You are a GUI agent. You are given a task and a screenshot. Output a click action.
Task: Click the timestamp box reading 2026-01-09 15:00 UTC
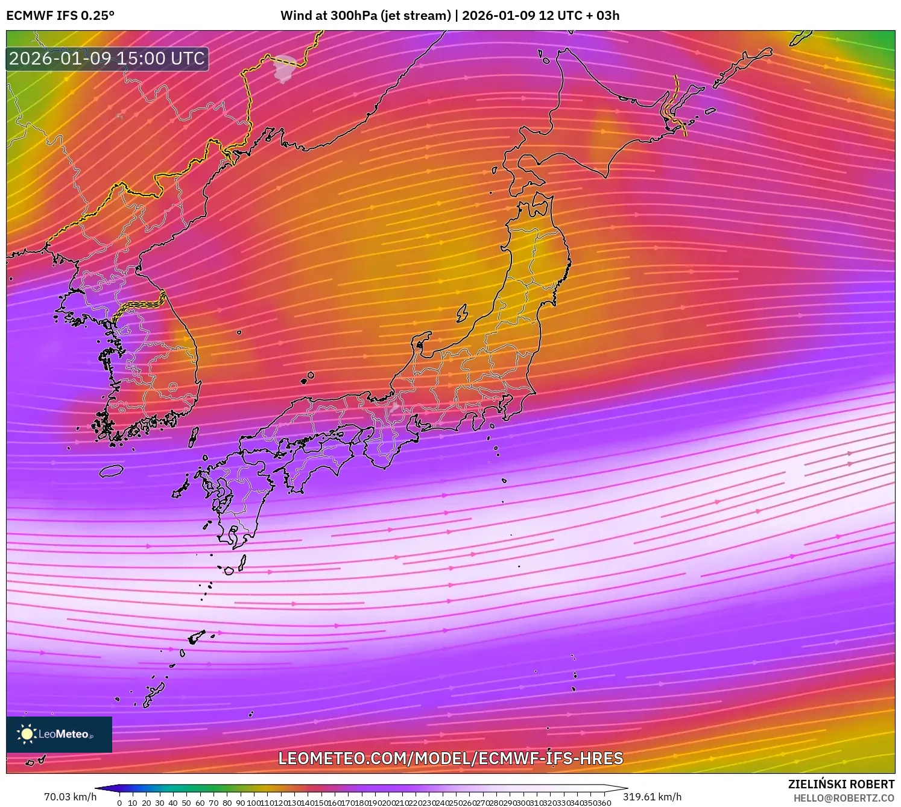click(x=107, y=59)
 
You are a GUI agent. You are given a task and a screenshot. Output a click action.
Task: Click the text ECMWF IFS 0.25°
click(x=60, y=16)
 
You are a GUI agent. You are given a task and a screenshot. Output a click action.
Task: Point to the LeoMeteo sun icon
click(x=27, y=734)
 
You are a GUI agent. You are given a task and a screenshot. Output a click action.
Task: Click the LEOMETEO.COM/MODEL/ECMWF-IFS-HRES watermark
click(x=450, y=758)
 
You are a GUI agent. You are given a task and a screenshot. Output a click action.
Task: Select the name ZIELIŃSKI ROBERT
click(x=841, y=784)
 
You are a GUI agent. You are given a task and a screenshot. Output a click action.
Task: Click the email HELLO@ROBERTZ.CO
click(x=843, y=798)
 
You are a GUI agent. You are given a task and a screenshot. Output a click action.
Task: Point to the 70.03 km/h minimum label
click(x=70, y=797)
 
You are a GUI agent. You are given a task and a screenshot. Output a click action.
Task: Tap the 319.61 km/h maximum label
click(x=652, y=797)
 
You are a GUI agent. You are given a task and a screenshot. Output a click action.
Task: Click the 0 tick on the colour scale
click(x=119, y=802)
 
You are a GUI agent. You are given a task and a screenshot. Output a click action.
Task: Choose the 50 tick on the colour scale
click(x=186, y=802)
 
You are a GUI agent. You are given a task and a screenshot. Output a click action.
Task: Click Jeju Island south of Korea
click(x=112, y=470)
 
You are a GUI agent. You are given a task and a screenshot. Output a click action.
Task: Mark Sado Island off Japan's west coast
click(x=462, y=313)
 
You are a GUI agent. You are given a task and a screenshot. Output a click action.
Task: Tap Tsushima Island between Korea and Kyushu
click(x=194, y=436)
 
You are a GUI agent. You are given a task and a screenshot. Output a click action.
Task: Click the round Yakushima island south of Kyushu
click(x=229, y=571)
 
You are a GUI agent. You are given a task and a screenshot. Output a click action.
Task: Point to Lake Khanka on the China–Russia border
click(x=285, y=68)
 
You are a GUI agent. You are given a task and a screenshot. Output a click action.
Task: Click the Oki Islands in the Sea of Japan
click(x=308, y=378)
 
